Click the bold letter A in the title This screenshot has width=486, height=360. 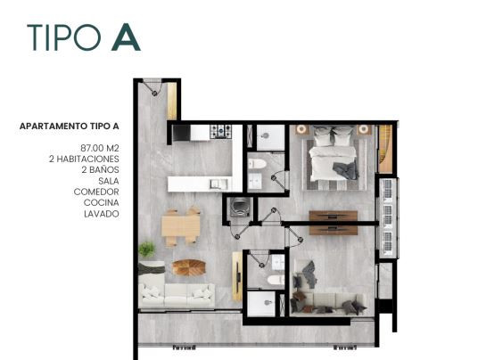tap(126, 37)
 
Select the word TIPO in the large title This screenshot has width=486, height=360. tap(64, 37)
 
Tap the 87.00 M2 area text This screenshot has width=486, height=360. tap(100, 148)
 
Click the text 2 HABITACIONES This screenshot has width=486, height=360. tap(84, 159)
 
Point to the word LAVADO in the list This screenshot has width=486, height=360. tap(102, 214)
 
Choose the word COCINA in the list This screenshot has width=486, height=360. tap(102, 202)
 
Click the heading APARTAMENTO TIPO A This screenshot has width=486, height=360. tap(70, 127)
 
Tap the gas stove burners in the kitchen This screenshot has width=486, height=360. tap(220, 131)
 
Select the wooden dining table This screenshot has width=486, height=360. tap(181, 226)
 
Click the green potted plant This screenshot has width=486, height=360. tap(147, 249)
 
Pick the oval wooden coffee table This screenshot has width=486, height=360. tap(189, 267)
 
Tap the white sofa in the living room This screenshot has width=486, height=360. tap(177, 295)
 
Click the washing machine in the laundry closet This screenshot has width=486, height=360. tap(240, 207)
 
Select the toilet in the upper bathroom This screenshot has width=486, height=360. tap(257, 164)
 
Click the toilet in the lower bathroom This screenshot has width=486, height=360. tap(276, 280)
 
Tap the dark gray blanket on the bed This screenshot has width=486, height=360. tap(346, 170)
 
